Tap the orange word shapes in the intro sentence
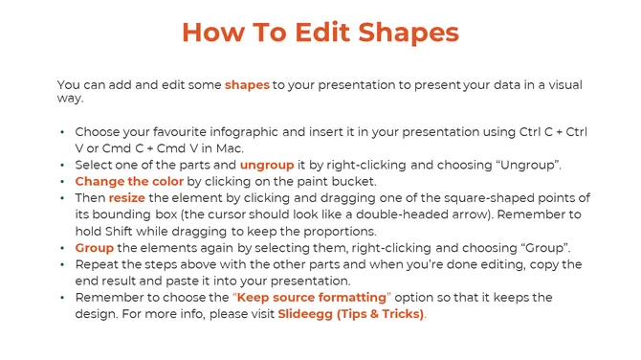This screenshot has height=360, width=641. pyautogui.click(x=247, y=85)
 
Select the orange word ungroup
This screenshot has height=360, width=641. pyautogui.click(x=267, y=165)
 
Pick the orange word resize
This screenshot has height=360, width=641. pyautogui.click(x=126, y=198)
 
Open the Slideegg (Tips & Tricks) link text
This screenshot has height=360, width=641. pyautogui.click(x=350, y=314)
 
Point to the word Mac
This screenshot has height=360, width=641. pyautogui.click(x=230, y=147)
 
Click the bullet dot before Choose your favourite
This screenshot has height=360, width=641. pyautogui.click(x=62, y=131)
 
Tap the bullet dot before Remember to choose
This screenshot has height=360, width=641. pyautogui.click(x=62, y=297)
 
